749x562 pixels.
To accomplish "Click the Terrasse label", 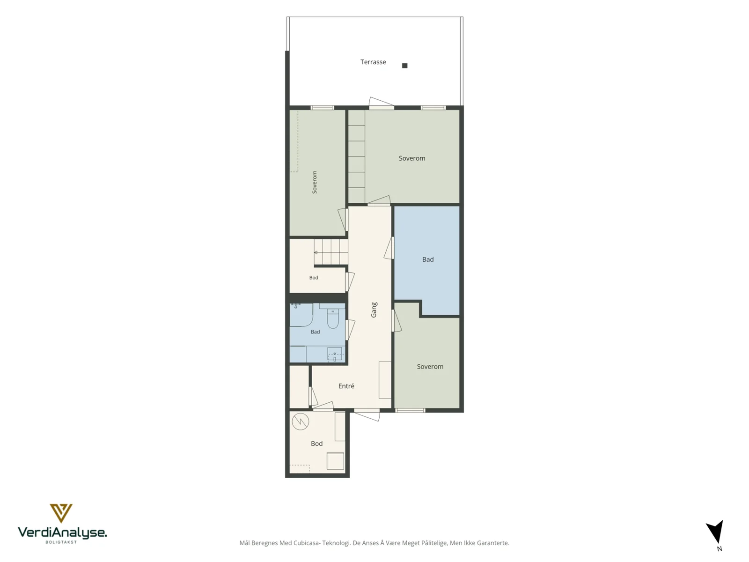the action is (373, 62).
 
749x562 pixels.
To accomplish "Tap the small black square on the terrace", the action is (404, 66).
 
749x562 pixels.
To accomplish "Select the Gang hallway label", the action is (374, 310).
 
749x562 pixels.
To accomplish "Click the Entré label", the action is (346, 385).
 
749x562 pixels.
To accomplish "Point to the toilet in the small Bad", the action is (333, 318).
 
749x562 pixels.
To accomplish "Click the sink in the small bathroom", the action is (334, 354).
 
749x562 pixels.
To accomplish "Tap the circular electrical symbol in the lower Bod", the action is (300, 421).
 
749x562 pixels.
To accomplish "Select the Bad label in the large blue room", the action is (427, 259).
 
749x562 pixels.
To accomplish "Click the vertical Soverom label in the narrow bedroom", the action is (314, 182).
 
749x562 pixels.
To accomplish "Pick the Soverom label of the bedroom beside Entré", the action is (430, 367).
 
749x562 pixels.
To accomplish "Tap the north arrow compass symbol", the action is (716, 531).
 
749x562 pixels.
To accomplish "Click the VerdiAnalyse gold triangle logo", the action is (61, 513).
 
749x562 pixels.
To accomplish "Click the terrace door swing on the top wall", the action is (381, 102).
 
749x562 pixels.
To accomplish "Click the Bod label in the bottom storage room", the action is (316, 443).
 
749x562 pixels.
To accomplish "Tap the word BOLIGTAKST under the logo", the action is (61, 542).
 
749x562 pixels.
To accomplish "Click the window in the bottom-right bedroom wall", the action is (410, 410).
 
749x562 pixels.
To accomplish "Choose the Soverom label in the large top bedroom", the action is (412, 158).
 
